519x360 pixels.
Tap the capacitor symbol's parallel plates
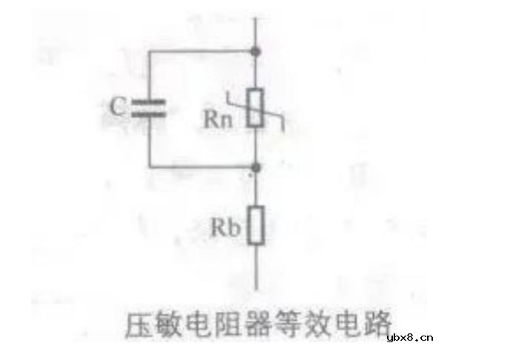click(148, 109)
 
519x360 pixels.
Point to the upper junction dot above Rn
click(256, 52)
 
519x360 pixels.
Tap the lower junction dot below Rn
click(256, 167)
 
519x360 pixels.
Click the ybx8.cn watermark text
click(409, 339)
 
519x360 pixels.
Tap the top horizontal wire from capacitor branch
click(200, 52)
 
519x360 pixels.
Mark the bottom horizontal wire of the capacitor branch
click(200, 167)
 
